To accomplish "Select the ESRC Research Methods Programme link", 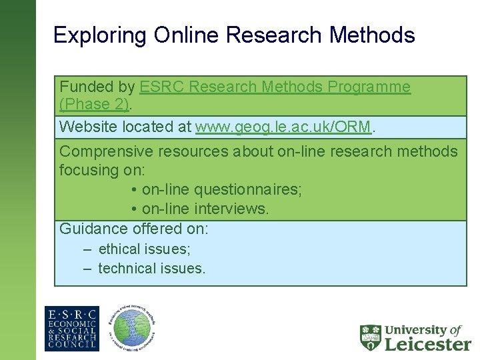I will [275, 87].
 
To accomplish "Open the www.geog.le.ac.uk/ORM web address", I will [283, 127].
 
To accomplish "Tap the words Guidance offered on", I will [133, 229].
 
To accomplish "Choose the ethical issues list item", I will [144, 249].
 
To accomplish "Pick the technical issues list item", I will [151, 269].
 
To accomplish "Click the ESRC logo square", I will [72, 329].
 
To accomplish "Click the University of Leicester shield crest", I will [371, 338].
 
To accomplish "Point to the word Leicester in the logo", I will [428, 344].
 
